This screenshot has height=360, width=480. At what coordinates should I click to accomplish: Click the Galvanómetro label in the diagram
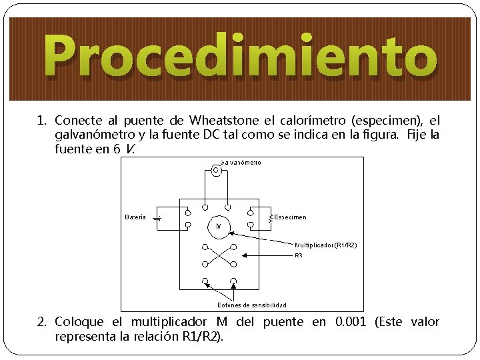click(241, 162)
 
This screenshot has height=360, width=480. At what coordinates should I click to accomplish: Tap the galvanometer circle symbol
click(216, 170)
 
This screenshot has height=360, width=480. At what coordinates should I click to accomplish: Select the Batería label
click(135, 217)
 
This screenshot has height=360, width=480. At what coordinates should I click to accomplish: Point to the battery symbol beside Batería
click(157, 218)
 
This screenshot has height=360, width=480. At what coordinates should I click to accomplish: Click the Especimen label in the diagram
click(291, 217)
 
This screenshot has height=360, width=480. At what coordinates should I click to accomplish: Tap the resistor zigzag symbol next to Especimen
click(270, 218)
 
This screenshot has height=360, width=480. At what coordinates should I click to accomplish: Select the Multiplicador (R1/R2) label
click(326, 245)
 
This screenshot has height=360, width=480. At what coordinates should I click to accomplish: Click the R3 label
click(299, 255)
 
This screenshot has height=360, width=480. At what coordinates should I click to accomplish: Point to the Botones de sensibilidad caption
click(252, 305)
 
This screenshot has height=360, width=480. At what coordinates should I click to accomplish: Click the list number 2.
click(41, 322)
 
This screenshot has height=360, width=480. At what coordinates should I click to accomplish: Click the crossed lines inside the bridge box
click(219, 255)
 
